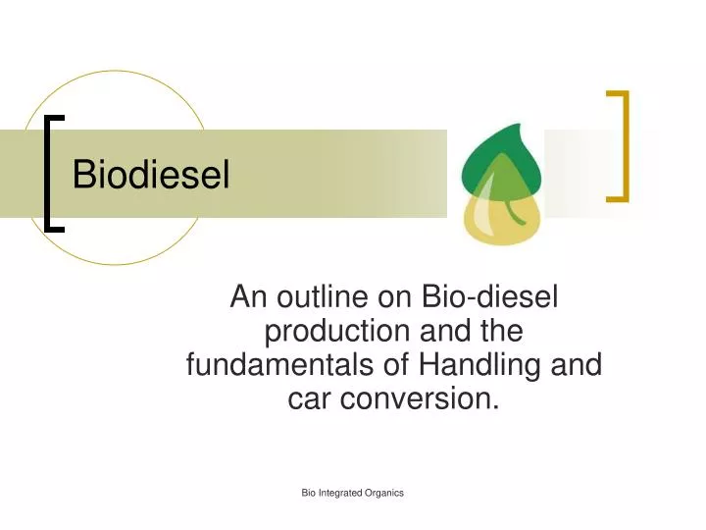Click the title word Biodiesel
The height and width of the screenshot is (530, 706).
click(152, 175)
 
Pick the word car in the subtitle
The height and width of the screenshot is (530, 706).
click(311, 398)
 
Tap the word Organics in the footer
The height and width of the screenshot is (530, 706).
click(384, 493)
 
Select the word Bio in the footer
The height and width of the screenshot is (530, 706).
click(309, 493)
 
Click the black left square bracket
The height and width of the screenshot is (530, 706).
click(53, 173)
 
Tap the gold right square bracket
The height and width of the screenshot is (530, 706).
click(618, 145)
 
